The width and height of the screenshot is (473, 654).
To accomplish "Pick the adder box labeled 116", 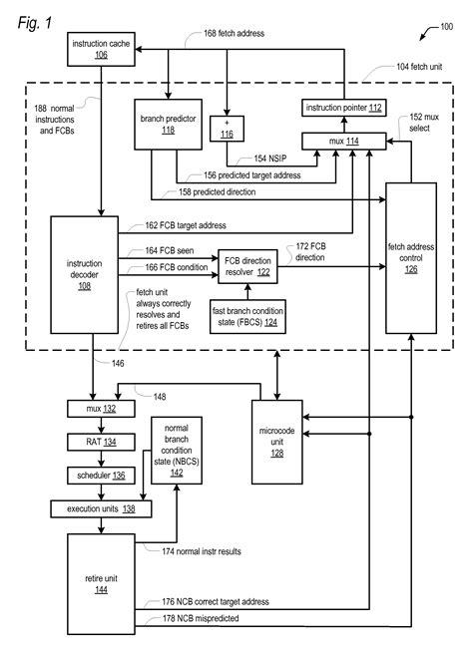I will point(228,127).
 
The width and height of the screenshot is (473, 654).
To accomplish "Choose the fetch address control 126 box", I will point(412,265).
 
